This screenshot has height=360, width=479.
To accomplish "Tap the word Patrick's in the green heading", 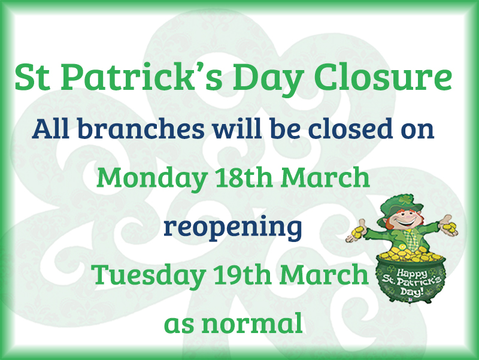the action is tap(141, 77).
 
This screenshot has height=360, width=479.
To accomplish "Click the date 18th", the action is tap(244, 177).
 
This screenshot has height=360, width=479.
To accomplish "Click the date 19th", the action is tap(242, 274).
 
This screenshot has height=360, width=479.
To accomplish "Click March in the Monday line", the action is tap(325, 177).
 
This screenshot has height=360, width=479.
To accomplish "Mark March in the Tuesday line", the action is tap(324, 274).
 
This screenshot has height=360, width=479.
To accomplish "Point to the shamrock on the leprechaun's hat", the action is tap(405, 200).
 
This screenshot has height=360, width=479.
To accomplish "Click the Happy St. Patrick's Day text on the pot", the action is tap(411, 282).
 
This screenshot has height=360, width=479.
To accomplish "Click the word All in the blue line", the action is tap(50, 128).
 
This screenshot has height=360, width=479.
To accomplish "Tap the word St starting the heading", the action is tap(32, 77).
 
